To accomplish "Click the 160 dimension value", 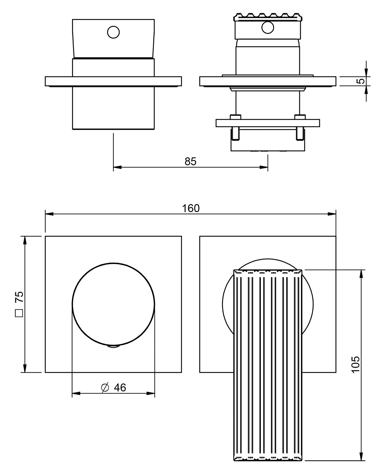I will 191,208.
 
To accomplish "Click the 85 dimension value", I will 190,162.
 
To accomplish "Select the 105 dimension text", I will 356,364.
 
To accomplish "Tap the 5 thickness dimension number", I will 361,81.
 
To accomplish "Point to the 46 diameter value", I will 120,387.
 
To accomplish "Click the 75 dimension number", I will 19,297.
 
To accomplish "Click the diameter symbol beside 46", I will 105,387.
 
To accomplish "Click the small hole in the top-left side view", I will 113,32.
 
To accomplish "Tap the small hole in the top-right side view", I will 268,28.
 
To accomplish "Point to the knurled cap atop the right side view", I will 268,17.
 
